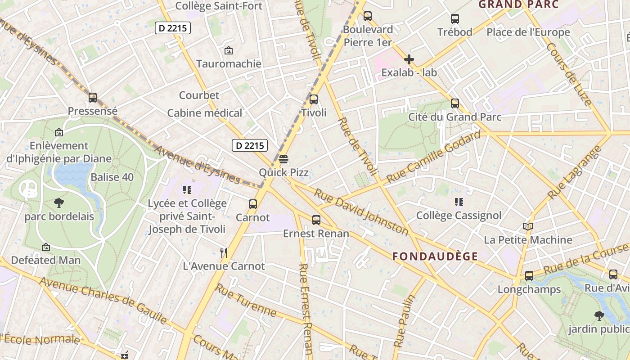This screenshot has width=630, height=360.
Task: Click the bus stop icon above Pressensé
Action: pyautogui.click(x=93, y=98)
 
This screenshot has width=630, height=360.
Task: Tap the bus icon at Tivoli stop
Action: pyautogui.click(x=314, y=99)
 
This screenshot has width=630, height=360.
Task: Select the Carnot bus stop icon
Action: pyautogui.click(x=253, y=204)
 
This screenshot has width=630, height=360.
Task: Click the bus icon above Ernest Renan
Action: pyautogui.click(x=316, y=220)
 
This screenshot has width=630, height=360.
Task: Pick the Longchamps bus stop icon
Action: pyautogui.click(x=529, y=276)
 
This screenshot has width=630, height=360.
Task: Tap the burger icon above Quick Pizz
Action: pyautogui.click(x=283, y=159)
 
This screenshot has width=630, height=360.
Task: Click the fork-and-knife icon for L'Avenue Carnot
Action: pyautogui.click(x=224, y=253)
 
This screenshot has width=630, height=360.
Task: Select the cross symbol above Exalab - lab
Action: pyautogui.click(x=409, y=59)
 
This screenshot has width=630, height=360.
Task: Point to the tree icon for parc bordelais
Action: pyautogui.click(x=59, y=203)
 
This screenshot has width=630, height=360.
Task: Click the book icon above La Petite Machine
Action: pyautogui.click(x=528, y=227)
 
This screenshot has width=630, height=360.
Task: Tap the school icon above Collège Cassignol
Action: pyautogui.click(x=459, y=202)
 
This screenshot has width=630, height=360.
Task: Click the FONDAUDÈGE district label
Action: pyautogui.click(x=435, y=256)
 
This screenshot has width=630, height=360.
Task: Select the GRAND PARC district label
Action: pyautogui.click(x=518, y=5)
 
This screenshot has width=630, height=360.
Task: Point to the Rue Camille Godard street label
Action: pyautogui.click(x=433, y=157)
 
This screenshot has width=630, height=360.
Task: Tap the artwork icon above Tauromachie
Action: pyautogui.click(x=229, y=50)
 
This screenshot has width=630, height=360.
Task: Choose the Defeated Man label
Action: pyautogui.click(x=46, y=260)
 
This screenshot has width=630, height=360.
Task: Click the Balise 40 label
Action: pyautogui.click(x=112, y=177)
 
